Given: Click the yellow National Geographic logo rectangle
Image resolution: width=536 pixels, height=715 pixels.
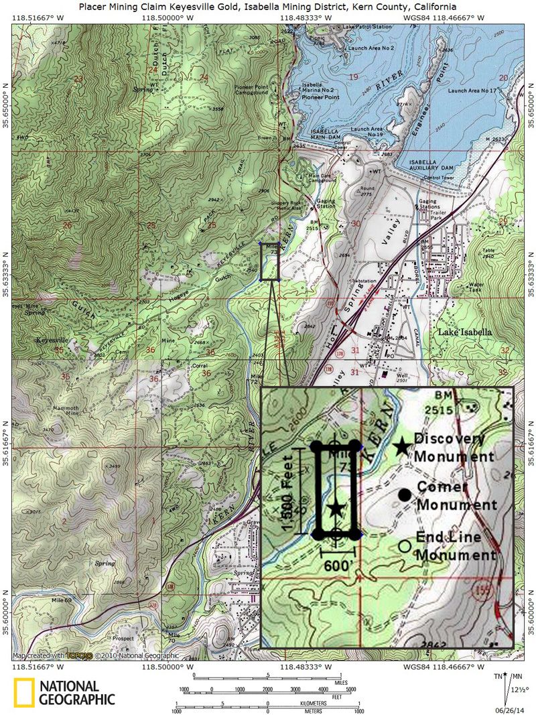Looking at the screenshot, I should click(23, 693).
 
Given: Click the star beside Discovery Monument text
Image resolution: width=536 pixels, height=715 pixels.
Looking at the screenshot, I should click(401, 447).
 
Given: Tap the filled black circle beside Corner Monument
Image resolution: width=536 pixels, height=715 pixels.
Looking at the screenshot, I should click(404, 495).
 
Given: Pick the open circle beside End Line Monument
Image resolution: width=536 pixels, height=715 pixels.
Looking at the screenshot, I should click(404, 545).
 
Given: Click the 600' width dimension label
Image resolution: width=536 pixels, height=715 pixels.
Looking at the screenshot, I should click(337, 565).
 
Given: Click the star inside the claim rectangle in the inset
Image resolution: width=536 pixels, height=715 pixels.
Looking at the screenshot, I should click(336, 509).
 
